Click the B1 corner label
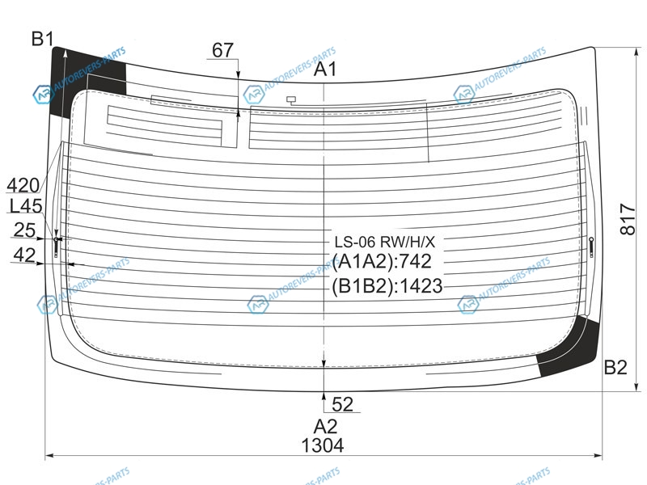[43, 39]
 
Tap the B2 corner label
[615, 367]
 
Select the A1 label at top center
[325, 70]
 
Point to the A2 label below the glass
[326, 427]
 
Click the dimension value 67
[223, 50]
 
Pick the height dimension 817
[628, 219]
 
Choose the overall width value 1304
[323, 446]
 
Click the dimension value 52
[342, 404]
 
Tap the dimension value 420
[23, 186]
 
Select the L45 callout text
[26, 206]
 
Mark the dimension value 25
[24, 230]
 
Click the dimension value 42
[24, 255]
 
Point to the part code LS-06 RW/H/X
[385, 242]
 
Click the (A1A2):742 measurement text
[382, 261]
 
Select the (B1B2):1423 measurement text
[387, 286]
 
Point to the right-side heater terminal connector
[591, 247]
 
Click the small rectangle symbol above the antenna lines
[291, 99]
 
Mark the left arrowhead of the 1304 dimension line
[46, 455]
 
